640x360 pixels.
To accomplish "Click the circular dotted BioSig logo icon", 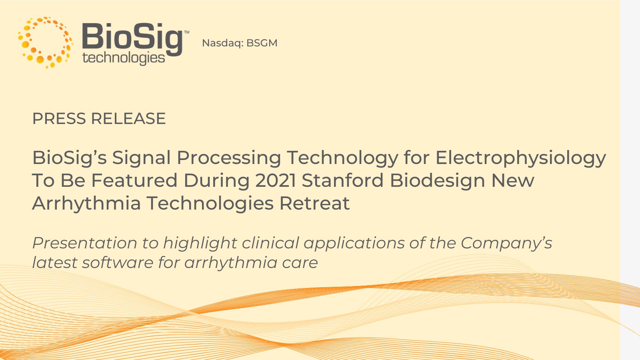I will tap(45, 42).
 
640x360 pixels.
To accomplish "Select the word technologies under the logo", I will tap(124, 58).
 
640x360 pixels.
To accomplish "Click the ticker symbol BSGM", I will tap(262, 43).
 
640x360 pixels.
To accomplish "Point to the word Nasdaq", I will tap(222, 43).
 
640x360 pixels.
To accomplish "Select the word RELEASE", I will tap(128, 119).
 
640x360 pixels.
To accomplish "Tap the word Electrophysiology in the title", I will tap(520, 158).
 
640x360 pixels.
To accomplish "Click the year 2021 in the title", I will tap(276, 180).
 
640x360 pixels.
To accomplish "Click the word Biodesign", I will tap(438, 180).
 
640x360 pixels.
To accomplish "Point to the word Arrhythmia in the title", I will tap(86, 203).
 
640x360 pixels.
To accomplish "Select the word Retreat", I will tap(314, 203).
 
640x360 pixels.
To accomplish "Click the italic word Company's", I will tap(506, 243).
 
